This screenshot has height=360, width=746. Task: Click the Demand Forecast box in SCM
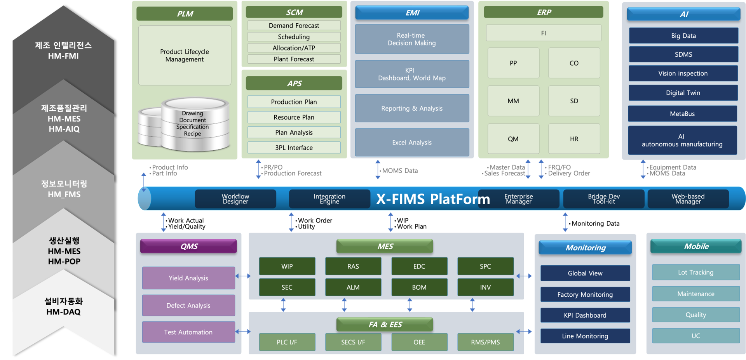[294, 26]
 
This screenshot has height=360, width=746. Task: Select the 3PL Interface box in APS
[294, 148]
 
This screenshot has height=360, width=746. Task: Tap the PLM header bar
[185, 14]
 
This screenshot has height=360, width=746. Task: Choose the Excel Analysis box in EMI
[412, 143]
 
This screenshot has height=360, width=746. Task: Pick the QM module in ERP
[513, 139]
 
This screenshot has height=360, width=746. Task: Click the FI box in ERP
[543, 33]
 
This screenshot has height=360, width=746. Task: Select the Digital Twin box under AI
[683, 93]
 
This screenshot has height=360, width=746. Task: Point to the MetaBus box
[682, 114]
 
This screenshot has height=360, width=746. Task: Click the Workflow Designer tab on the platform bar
[235, 199]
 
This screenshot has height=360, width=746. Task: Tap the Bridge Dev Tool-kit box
[603, 199]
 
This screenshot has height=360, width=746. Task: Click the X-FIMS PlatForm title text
[433, 199]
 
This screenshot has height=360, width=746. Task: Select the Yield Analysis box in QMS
[188, 278]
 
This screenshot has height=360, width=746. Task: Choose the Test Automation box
[188, 332]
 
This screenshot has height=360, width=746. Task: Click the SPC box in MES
[485, 266]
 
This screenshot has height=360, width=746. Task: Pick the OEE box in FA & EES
[419, 342]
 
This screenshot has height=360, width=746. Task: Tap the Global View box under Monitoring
[585, 273]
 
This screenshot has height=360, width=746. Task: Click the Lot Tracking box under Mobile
[695, 273]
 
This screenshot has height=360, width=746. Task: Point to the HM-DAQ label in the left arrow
[63, 312]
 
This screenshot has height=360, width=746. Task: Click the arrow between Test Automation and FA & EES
[243, 332]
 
